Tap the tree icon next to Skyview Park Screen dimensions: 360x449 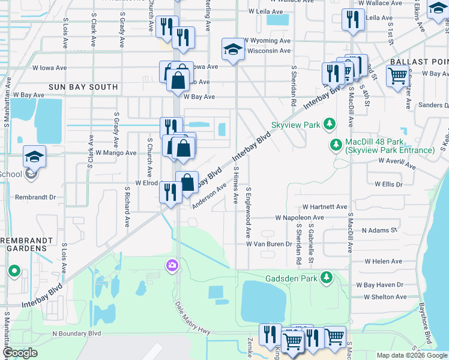point(329,124)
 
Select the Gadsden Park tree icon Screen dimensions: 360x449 point(326,277)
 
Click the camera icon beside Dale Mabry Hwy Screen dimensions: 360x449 point(172,265)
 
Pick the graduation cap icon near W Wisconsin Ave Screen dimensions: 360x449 point(232,50)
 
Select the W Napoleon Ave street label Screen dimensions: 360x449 point(300,218)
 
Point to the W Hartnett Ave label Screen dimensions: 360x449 point(325,206)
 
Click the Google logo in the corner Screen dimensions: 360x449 point(20,353)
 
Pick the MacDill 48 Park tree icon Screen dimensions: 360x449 point(336,145)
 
